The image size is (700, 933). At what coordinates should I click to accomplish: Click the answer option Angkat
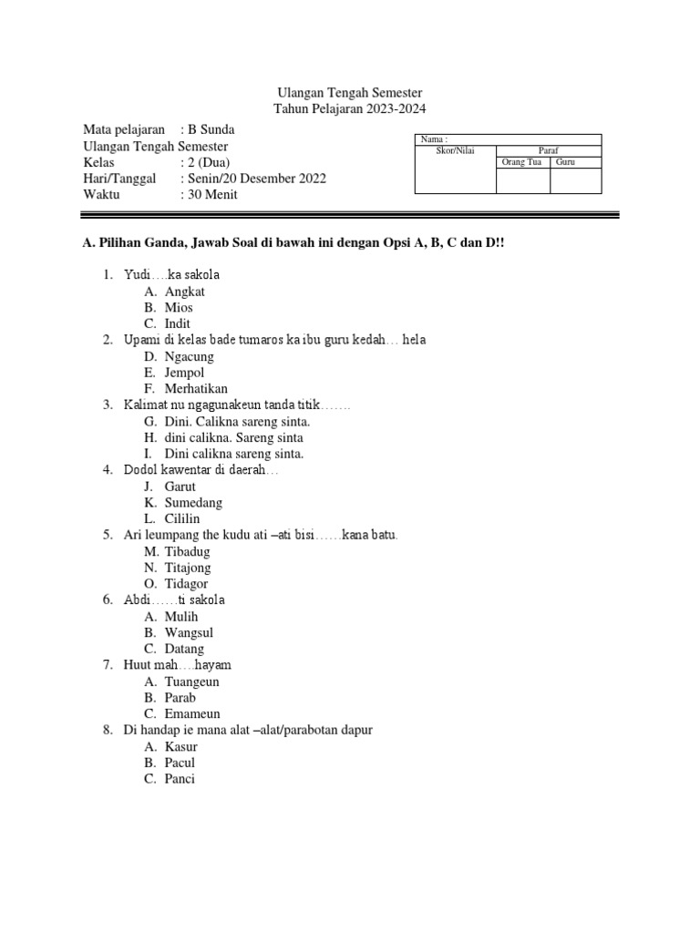tap(184, 292)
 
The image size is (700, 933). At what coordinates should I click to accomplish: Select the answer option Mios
tap(179, 308)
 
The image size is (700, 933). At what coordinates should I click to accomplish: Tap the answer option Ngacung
tap(189, 356)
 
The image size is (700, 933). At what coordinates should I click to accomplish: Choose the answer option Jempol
tap(184, 373)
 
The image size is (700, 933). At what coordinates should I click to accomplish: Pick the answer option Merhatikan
tap(196, 389)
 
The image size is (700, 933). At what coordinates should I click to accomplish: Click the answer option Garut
tap(180, 487)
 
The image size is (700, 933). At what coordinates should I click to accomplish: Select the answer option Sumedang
tap(193, 503)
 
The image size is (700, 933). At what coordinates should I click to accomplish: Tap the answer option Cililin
tap(182, 519)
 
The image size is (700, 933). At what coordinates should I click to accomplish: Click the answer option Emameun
tap(192, 714)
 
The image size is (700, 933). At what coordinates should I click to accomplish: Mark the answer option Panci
tap(180, 779)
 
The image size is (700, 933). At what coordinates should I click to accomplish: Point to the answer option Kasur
tap(180, 747)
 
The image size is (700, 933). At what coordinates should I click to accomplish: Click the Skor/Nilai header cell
tap(456, 150)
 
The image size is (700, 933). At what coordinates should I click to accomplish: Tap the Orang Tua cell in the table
tap(521, 162)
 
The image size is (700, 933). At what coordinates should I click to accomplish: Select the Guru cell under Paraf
tap(565, 162)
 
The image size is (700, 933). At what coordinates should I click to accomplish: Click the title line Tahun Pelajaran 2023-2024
tap(350, 109)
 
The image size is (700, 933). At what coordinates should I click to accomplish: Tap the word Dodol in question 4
tap(140, 470)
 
